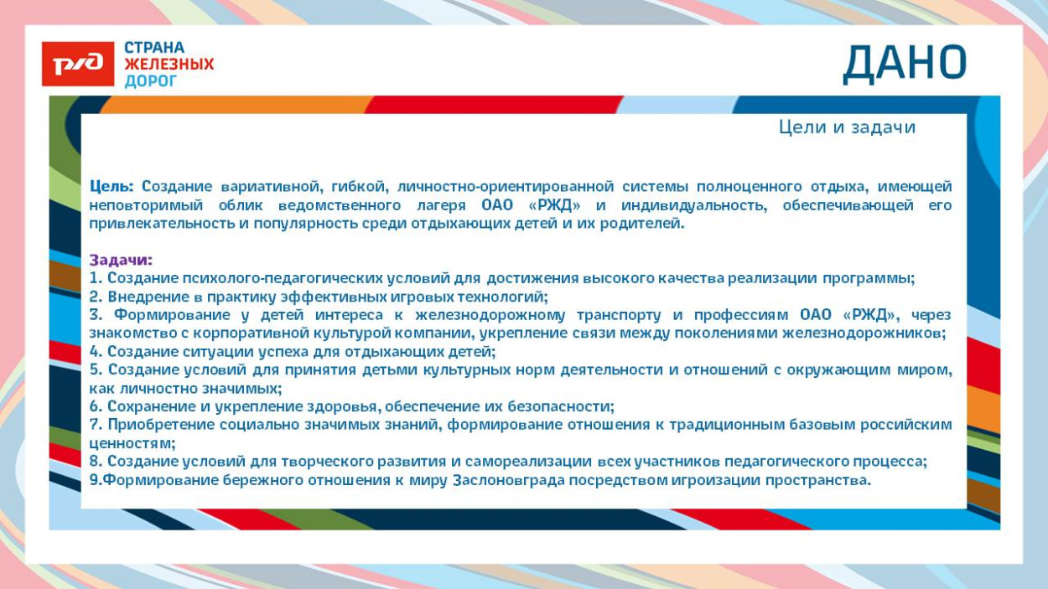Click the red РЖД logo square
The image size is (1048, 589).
click(78, 65)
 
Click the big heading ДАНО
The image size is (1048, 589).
click(905, 64)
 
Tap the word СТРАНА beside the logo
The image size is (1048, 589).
click(154, 48)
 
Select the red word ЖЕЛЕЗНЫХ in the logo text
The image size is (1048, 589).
click(169, 65)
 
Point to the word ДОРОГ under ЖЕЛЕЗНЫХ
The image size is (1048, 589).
click(151, 81)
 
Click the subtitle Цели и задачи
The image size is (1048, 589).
click(847, 127)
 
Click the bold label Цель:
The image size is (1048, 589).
click(112, 186)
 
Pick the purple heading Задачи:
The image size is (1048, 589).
click(122, 261)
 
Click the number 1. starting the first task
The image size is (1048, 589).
click(96, 278)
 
